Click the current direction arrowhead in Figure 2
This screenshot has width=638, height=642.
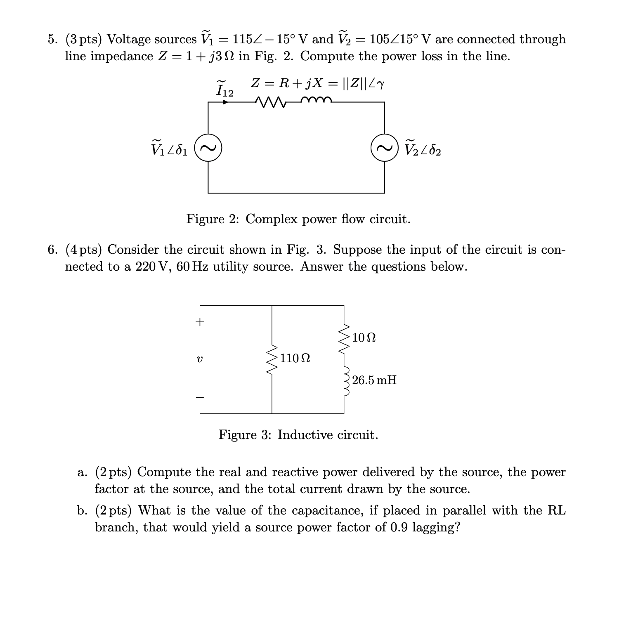[x=225, y=102]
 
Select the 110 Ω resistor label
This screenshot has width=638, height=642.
[x=295, y=358]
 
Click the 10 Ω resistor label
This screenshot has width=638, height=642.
[x=364, y=338]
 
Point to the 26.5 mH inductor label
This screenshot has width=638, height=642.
[x=374, y=380]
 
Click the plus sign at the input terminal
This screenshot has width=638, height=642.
[x=200, y=322]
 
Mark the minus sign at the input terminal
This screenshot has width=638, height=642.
[x=200, y=398]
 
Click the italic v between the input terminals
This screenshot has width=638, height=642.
[x=199, y=359]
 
